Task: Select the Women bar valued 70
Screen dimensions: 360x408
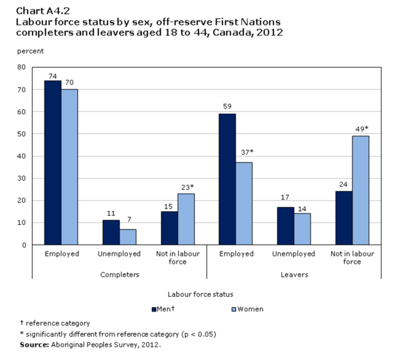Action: (x=69, y=167)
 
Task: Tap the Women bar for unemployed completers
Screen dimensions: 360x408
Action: (x=127, y=237)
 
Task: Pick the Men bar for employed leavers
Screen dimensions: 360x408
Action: (x=227, y=179)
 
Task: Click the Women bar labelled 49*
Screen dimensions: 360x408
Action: (x=361, y=190)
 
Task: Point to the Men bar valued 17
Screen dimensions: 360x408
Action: (x=285, y=226)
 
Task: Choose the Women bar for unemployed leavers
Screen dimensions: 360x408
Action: (x=302, y=229)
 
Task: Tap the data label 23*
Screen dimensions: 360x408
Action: (x=187, y=187)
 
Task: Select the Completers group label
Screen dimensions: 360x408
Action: (x=120, y=274)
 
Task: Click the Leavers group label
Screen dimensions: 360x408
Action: (x=294, y=274)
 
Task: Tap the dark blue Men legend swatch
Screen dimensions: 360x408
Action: (x=154, y=309)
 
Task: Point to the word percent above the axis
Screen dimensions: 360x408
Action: (x=30, y=51)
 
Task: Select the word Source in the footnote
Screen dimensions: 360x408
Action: (x=34, y=345)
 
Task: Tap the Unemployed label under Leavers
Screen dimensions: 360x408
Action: (x=294, y=254)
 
